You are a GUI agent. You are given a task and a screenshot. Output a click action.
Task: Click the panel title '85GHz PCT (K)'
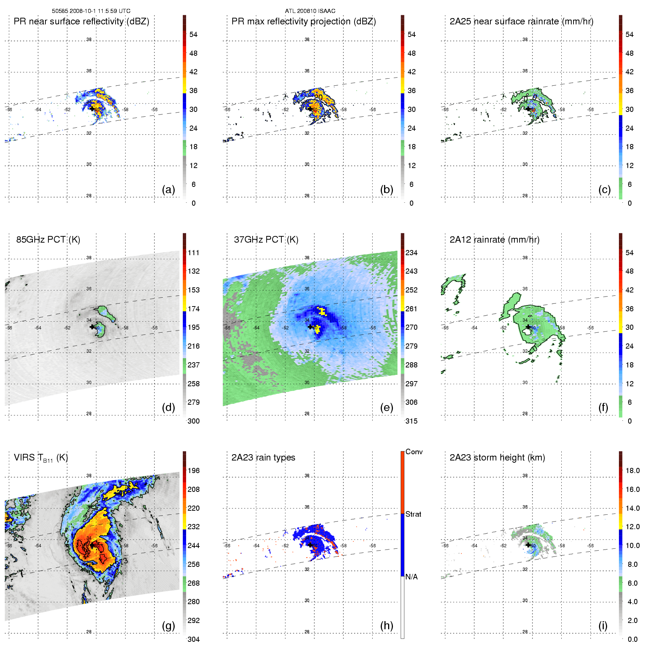tap(48, 240)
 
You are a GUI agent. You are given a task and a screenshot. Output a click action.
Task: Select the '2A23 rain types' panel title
tap(263, 458)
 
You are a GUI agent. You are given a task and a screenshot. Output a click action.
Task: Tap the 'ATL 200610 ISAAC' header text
tap(310, 11)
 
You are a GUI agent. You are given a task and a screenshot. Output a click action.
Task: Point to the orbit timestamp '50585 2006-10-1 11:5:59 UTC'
tap(91, 11)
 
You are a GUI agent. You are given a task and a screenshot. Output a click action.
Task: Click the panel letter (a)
tap(168, 190)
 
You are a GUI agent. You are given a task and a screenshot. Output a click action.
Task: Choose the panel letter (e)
tap(386, 408)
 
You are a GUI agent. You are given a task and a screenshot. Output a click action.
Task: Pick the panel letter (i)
tap(603, 626)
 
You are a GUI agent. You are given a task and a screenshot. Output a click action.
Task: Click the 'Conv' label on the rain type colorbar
tap(414, 452)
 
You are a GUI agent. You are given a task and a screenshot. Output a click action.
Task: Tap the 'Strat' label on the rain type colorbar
tap(413, 514)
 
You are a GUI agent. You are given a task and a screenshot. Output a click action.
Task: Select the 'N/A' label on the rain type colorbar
tap(411, 577)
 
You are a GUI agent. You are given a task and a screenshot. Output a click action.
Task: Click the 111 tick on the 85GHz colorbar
tap(194, 253)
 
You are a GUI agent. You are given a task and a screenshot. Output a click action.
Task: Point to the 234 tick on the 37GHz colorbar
tap(411, 253)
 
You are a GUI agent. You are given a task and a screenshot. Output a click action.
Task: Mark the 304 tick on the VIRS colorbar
tap(194, 639)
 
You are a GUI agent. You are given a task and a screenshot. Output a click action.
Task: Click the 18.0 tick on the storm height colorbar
tap(632, 470)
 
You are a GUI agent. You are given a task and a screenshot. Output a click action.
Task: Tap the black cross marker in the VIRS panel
tap(92, 545)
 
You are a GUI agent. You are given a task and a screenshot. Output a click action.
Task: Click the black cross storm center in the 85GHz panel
tap(92, 327)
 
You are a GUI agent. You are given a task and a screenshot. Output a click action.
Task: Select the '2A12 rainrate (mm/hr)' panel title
tap(494, 240)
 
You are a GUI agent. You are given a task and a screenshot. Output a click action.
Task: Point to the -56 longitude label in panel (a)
tap(154, 110)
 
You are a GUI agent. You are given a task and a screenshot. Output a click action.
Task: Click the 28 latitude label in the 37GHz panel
tap(307, 414)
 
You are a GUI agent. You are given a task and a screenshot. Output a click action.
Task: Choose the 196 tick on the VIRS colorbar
tap(194, 470)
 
